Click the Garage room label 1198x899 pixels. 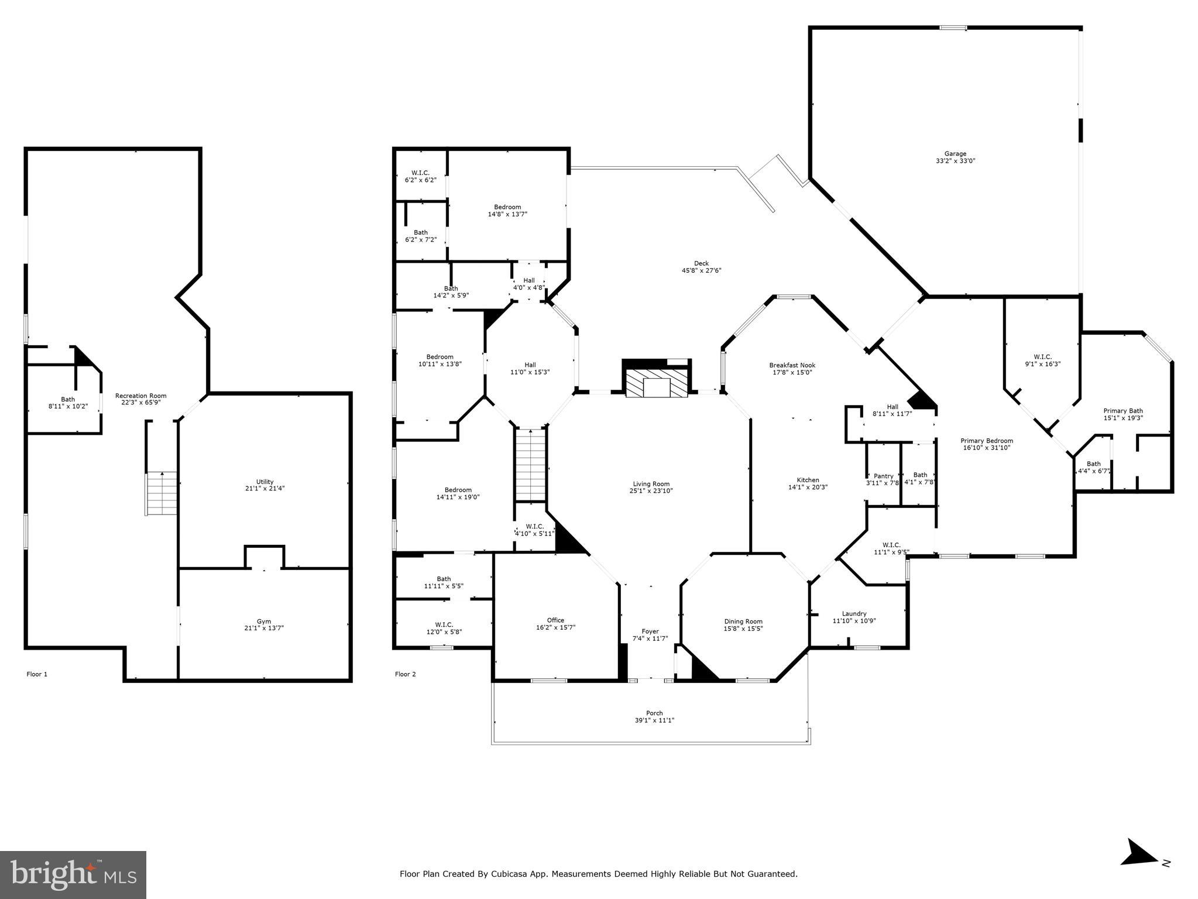[955, 154]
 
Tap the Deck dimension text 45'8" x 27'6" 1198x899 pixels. [701, 271]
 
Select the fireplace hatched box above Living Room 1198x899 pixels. [656, 383]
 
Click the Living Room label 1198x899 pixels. [651, 484]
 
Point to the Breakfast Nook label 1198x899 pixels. [792, 365]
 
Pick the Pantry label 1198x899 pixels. [883, 476]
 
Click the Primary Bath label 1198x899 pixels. [1123, 411]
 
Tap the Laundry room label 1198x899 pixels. [854, 613]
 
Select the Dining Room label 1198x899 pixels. [743, 622]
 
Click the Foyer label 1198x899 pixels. [650, 632]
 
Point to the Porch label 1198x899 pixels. [654, 713]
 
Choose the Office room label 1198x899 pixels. [555, 620]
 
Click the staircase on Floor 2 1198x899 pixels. [530, 465]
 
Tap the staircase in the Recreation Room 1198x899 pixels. [162, 493]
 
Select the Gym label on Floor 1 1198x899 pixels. [264, 622]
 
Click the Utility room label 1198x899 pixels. [265, 482]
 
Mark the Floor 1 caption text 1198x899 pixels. [37, 674]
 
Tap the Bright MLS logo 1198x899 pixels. [73, 875]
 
